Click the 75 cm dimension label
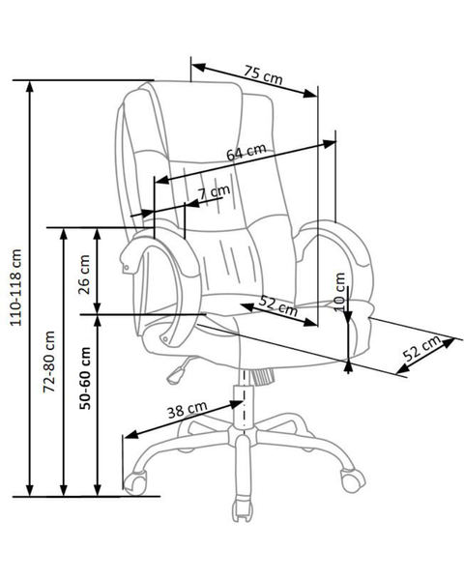tap(263, 75)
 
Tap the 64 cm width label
tap(246, 152)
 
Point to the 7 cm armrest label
tap(214, 192)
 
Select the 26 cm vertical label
tap(85, 275)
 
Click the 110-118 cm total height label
tap(15, 287)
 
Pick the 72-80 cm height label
tap(49, 362)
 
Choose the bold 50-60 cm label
tap(85, 378)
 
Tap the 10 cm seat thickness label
tap(339, 292)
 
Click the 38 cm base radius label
tap(187, 410)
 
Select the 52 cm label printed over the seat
tap(278, 306)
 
